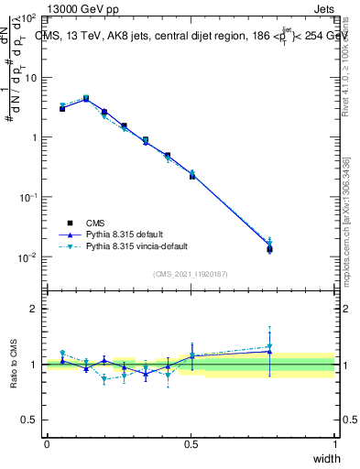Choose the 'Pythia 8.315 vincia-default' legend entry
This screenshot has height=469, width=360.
click(138, 246)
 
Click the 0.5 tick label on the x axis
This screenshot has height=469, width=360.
click(191, 444)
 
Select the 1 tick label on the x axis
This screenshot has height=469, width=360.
click(335, 444)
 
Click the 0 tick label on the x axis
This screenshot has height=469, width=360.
click(47, 444)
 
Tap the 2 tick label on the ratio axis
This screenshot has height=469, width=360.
click(33, 309)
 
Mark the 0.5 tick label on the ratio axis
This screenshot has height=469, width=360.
click(29, 420)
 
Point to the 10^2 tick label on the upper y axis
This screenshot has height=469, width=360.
click(27, 18)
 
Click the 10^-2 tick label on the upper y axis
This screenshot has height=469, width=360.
click(27, 257)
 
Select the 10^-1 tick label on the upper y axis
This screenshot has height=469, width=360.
click(27, 197)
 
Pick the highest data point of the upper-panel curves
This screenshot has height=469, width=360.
click(86, 97)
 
